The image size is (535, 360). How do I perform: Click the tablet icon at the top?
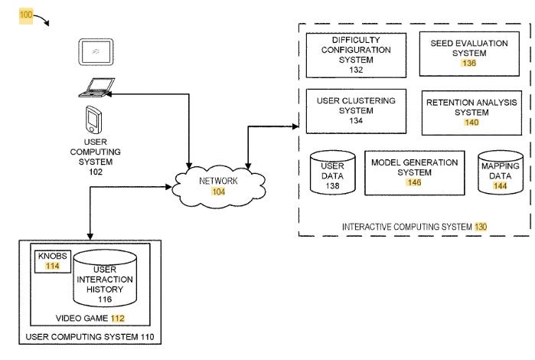pyautogui.click(x=96, y=52)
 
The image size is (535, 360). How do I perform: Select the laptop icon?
pyautogui.click(x=96, y=87)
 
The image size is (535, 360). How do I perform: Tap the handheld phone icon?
pyautogui.click(x=94, y=119)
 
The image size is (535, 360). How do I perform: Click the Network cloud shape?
pyautogui.click(x=219, y=186)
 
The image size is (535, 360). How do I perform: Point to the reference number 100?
pyautogui.click(x=26, y=15)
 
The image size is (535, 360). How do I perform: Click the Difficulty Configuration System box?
pyautogui.click(x=356, y=55)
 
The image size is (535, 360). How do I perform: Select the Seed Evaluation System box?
pyautogui.click(x=469, y=54)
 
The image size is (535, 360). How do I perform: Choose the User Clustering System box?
pyautogui.click(x=356, y=111)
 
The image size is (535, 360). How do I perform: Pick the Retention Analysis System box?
pyautogui.click(x=471, y=113)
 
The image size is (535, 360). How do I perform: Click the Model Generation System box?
pyautogui.click(x=415, y=173)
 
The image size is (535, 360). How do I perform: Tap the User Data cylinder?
pyautogui.click(x=332, y=172)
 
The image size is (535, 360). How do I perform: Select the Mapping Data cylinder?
pyautogui.click(x=501, y=172)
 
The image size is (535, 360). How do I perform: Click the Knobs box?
pyautogui.click(x=53, y=262)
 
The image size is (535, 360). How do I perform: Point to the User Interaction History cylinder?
pyautogui.click(x=105, y=278)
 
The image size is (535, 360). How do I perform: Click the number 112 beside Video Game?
pyautogui.click(x=118, y=319)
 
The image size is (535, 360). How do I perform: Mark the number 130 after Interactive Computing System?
pyautogui.click(x=481, y=227)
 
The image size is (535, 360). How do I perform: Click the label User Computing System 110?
pyautogui.click(x=90, y=337)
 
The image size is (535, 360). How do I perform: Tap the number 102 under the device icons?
pyautogui.click(x=96, y=172)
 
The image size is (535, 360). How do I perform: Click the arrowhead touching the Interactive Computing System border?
pyautogui.click(x=295, y=126)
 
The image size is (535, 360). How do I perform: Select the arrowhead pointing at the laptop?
pyautogui.click(x=108, y=94)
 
